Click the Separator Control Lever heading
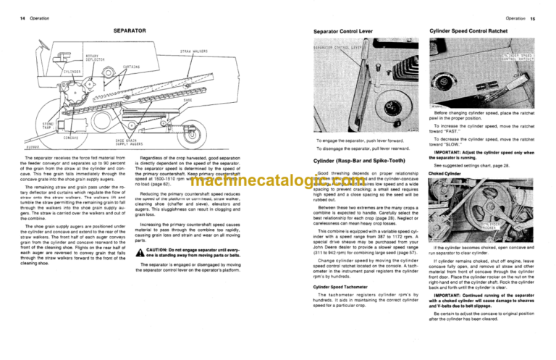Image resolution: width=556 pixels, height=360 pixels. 343,33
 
